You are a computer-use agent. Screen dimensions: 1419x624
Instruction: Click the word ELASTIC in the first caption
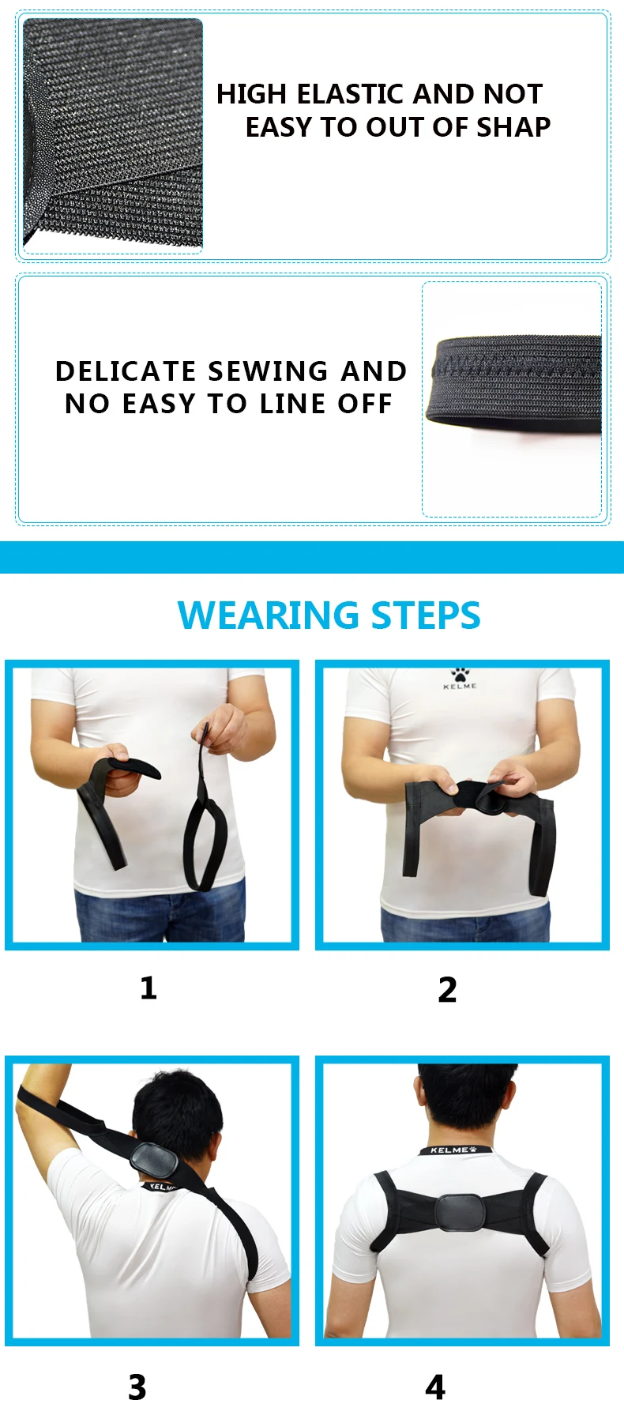(352, 94)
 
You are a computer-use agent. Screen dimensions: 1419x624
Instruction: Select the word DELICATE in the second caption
(126, 371)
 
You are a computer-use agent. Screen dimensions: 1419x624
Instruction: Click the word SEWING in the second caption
(268, 371)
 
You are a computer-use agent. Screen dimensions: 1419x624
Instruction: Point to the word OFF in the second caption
(365, 404)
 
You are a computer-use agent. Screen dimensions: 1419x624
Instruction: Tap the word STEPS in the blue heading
(426, 615)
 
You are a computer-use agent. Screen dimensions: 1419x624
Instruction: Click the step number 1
(148, 988)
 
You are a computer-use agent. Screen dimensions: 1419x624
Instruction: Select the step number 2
(447, 989)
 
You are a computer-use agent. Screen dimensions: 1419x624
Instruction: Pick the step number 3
(137, 1387)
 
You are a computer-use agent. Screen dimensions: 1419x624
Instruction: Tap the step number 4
(435, 1387)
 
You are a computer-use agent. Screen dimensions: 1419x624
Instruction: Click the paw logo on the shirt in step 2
(460, 675)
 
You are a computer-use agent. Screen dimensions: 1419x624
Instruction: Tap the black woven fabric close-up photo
(113, 134)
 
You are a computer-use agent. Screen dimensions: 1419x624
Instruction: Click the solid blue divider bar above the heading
(312, 557)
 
